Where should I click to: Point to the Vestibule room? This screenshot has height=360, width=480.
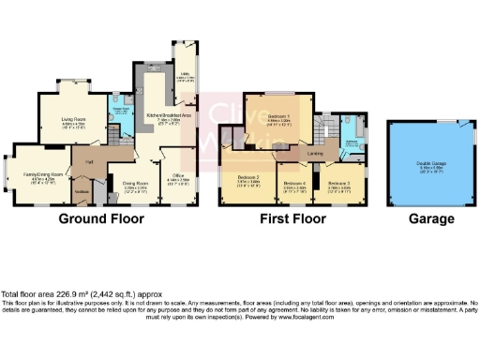[82, 193]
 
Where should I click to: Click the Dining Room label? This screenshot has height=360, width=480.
[136, 185]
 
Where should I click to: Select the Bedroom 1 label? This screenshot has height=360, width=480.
[277, 118]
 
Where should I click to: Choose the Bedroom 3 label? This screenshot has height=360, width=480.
[339, 183]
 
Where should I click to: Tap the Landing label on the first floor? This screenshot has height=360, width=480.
[316, 152]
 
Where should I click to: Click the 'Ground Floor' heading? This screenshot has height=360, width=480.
[101, 219]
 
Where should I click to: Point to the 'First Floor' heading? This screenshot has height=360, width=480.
[292, 219]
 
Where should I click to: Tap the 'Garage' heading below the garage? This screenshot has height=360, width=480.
[432, 219]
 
